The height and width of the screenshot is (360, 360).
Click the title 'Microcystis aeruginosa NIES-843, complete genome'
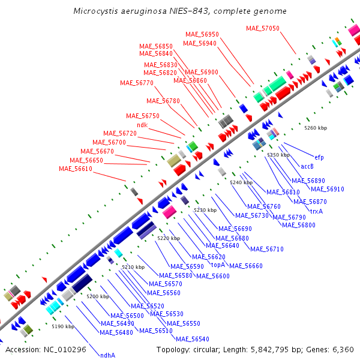[179, 11]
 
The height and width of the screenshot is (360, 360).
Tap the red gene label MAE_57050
[263, 28]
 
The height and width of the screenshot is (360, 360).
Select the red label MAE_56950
[202, 34]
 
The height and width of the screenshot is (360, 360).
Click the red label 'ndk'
[142, 125]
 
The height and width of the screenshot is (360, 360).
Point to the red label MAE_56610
[76, 169]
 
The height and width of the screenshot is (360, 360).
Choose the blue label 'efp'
[319, 157]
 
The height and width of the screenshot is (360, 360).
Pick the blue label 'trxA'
[316, 211]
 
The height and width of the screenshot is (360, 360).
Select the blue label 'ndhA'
[108, 355]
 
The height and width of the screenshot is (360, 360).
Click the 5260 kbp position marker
[316, 128]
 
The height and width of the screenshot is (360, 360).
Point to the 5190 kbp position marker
[62, 326]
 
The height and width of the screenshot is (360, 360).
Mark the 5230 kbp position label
[205, 210]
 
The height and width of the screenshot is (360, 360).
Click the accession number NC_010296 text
[46, 349]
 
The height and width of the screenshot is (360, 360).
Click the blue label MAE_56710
[267, 249]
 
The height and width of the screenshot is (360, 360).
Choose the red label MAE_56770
[137, 83]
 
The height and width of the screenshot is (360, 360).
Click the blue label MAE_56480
[116, 332]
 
